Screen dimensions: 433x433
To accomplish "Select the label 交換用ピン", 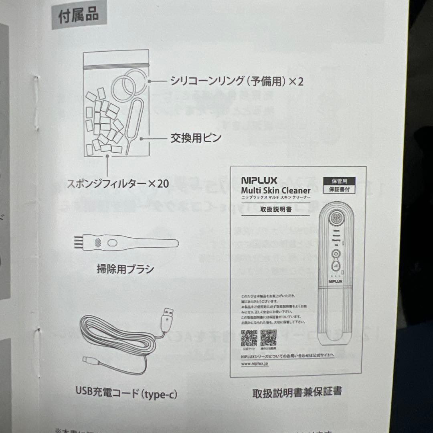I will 196,139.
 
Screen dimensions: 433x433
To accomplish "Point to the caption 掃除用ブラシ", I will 125,269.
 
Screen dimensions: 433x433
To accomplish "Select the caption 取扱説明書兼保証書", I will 297,391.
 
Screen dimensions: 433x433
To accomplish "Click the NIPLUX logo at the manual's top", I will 259,181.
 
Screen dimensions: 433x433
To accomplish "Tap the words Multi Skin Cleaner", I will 276,191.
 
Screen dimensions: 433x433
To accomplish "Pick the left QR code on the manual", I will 249,338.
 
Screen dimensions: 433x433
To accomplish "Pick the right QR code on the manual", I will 268,338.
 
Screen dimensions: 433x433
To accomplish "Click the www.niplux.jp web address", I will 256,364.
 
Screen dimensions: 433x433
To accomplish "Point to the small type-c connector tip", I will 88,359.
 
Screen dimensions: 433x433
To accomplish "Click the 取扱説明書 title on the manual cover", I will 275,210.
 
